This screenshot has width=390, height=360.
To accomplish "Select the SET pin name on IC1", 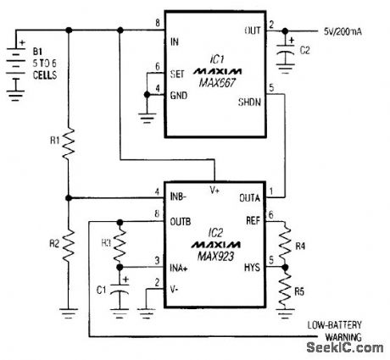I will [x=179, y=72].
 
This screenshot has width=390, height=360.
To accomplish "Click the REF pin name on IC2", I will [x=252, y=223].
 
